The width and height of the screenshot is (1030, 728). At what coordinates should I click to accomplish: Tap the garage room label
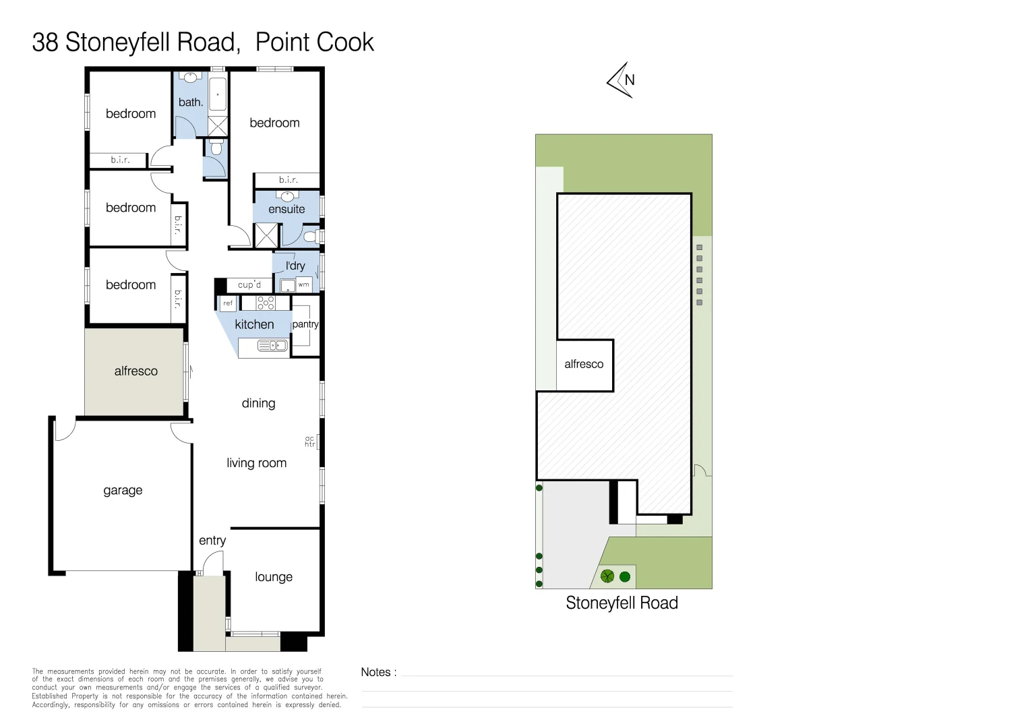click(123, 490)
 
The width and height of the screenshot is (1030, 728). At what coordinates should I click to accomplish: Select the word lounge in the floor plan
click(274, 577)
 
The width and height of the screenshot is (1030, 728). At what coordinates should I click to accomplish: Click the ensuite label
click(286, 209)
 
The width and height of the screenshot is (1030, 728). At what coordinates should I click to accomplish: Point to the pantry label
click(305, 324)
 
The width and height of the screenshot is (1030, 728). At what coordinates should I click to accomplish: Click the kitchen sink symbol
click(273, 346)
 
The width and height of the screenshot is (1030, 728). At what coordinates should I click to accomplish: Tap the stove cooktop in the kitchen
click(266, 303)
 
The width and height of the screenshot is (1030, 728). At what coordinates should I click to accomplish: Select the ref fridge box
click(228, 303)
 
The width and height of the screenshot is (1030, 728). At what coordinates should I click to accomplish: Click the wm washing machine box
click(304, 284)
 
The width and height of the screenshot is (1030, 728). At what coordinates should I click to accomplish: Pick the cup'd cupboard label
click(249, 284)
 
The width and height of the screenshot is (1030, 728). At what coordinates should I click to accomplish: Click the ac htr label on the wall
click(310, 442)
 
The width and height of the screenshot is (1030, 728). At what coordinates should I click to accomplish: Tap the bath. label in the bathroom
click(191, 102)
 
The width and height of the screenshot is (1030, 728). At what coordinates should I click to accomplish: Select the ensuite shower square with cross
click(266, 236)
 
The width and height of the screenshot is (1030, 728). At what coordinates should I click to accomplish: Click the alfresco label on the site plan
click(584, 364)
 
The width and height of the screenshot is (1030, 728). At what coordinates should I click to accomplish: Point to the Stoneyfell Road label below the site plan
click(622, 603)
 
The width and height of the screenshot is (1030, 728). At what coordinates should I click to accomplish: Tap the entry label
click(212, 541)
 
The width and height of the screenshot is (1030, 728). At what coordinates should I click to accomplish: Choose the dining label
click(259, 403)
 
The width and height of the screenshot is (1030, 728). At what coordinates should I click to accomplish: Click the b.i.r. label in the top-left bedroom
click(120, 160)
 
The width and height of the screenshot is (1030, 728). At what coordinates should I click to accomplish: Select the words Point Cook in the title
click(314, 42)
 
